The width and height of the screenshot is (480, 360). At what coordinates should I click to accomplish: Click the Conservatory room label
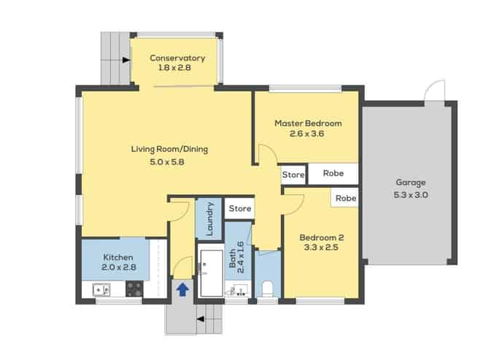point(177,58)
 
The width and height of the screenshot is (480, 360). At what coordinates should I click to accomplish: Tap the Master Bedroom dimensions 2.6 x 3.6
point(306,134)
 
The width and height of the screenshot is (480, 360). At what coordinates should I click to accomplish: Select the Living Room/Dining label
point(169,149)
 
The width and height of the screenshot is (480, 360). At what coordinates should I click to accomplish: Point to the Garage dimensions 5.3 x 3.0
point(411,195)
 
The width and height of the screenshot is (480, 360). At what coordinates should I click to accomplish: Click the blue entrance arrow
point(182,289)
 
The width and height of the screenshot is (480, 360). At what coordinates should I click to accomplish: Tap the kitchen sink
point(101,289)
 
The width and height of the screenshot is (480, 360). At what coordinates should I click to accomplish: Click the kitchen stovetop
point(134,289)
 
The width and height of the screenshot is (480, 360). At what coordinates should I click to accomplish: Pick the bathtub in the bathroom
point(212,273)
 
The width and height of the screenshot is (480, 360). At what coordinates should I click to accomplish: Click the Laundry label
point(209,218)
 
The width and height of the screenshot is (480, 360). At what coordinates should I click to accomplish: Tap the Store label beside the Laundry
point(240,208)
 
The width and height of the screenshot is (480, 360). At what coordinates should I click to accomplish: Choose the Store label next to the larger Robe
point(293,175)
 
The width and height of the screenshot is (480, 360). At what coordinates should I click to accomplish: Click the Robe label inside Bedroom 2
point(346,198)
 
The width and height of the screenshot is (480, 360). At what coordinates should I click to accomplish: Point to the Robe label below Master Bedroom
point(333,173)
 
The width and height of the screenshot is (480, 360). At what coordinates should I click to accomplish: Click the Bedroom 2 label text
point(322,237)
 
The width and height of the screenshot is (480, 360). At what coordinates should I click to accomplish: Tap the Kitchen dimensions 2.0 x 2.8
point(119,267)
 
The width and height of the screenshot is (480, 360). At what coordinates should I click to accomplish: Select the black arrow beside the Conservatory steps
point(126,60)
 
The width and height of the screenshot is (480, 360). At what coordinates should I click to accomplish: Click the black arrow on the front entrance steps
point(200,319)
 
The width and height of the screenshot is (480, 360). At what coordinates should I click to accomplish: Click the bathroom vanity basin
point(238,289)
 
